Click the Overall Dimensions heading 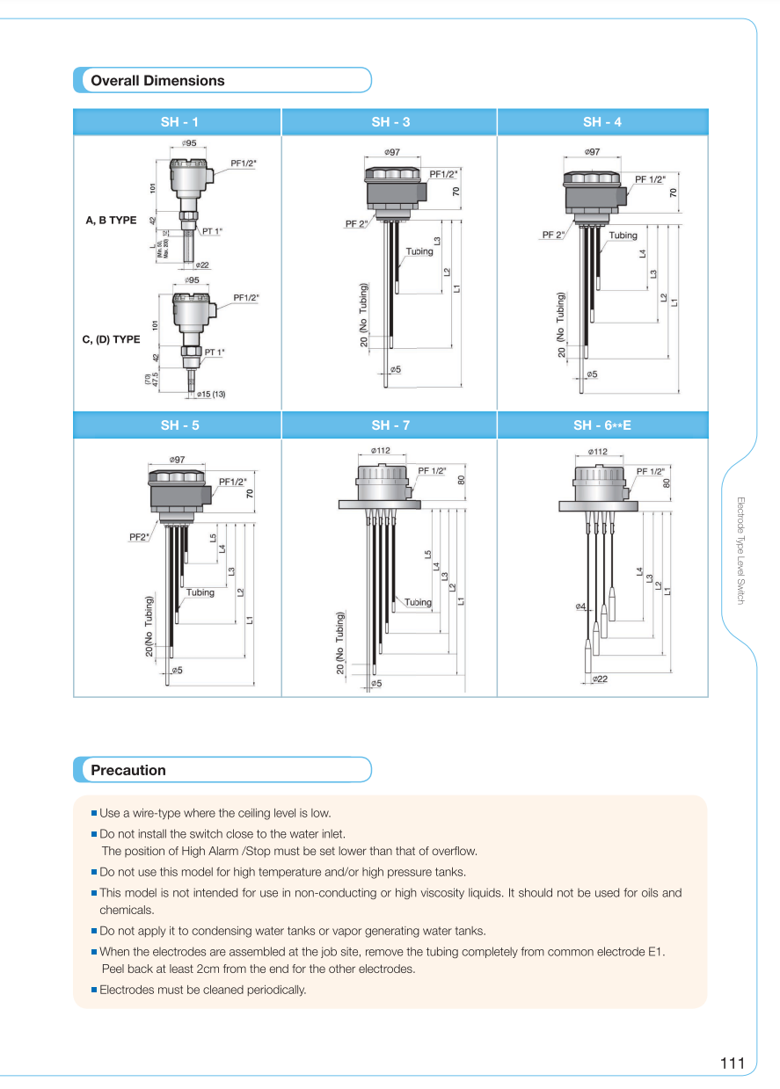pyautogui.click(x=158, y=81)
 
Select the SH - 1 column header pyautogui.click(x=179, y=122)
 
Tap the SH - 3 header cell pyautogui.click(x=390, y=122)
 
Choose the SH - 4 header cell pyautogui.click(x=601, y=122)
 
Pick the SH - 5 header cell pyautogui.click(x=179, y=425)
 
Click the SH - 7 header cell pyautogui.click(x=390, y=425)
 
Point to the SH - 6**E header pyautogui.click(x=601, y=425)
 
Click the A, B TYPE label pyautogui.click(x=111, y=221)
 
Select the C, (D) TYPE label pyautogui.click(x=111, y=339)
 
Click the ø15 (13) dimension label pyautogui.click(x=211, y=395)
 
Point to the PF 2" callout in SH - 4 pyautogui.click(x=553, y=235)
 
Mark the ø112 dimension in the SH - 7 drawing pyautogui.click(x=380, y=451)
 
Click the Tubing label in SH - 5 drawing pyautogui.click(x=200, y=592)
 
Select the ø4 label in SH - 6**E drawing pyautogui.click(x=580, y=606)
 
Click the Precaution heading pyautogui.click(x=128, y=771)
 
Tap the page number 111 pyautogui.click(x=732, y=1064)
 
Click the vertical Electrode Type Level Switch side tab pyautogui.click(x=740, y=550)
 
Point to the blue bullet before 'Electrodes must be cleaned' pyautogui.click(x=93, y=990)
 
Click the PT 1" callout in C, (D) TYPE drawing pyautogui.click(x=215, y=352)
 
